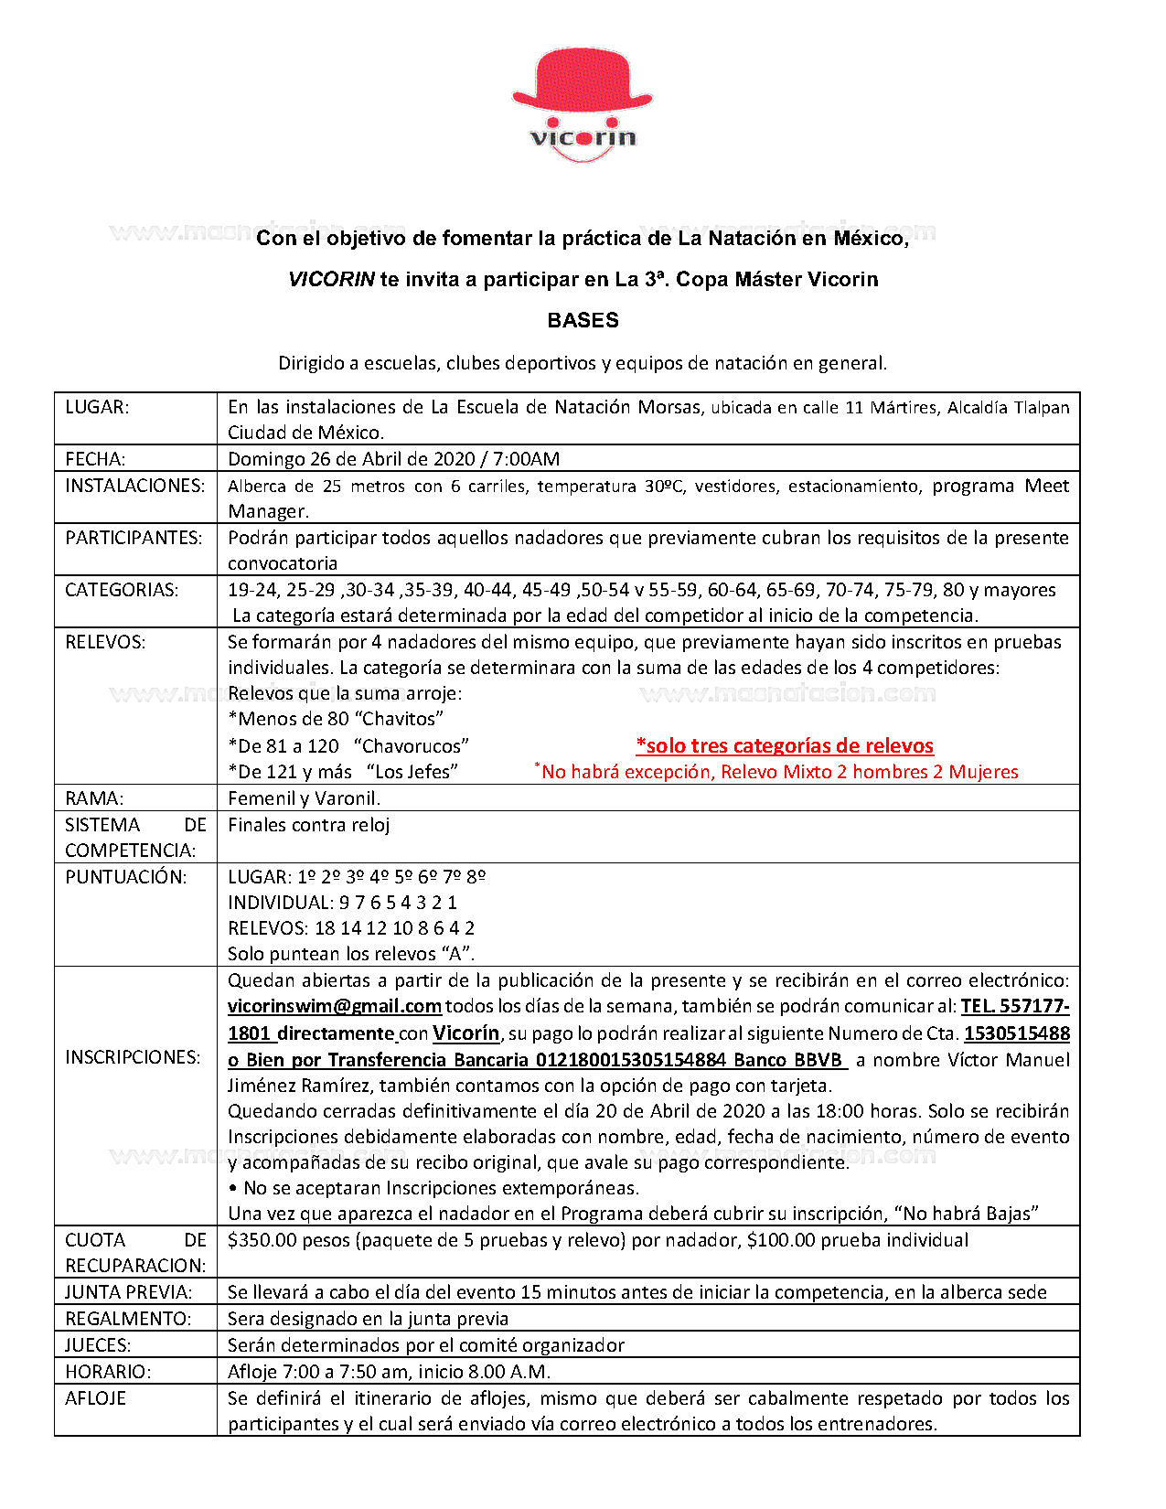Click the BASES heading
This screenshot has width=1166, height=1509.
(583, 320)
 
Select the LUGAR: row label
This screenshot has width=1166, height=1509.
(97, 407)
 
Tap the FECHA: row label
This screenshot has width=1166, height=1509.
(95, 459)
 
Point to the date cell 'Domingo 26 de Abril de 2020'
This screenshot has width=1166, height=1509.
(393, 459)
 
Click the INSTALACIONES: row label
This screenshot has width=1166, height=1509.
(134, 486)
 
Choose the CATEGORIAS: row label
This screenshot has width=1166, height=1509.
(122, 590)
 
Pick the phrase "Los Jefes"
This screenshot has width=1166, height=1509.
(412, 772)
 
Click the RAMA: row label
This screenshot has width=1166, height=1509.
(94, 798)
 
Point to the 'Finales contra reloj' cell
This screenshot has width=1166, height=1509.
(309, 825)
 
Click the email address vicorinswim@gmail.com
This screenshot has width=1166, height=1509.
(335, 1007)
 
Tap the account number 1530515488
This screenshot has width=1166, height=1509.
(1017, 1033)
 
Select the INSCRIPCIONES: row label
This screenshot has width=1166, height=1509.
(133, 1057)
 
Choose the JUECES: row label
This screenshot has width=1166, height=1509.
(98, 1345)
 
